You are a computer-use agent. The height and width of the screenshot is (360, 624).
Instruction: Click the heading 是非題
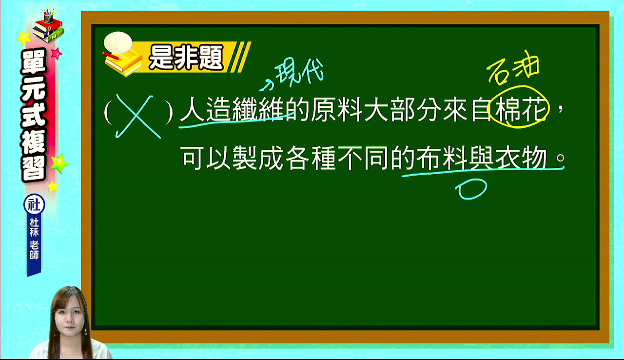[x=186, y=58]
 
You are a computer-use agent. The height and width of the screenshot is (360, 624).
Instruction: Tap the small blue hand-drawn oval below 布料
[x=471, y=189]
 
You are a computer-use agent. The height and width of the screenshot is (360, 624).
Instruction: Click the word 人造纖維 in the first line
[x=233, y=109]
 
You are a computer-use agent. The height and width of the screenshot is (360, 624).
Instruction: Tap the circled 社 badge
[x=34, y=204]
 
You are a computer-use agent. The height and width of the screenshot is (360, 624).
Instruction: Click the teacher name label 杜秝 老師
[x=34, y=238]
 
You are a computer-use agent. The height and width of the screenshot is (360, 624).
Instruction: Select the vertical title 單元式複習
[x=34, y=116]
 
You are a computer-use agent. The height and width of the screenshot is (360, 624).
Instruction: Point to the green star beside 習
[x=59, y=163]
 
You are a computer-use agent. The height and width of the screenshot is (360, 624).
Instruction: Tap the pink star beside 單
[x=57, y=53]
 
